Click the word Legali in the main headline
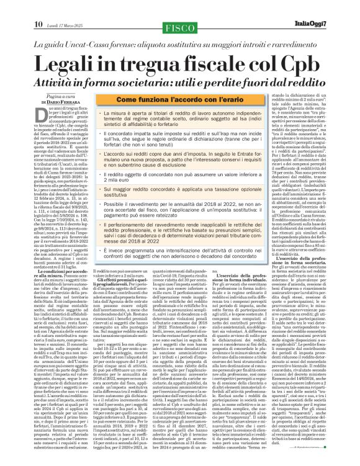coord(71,61)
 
